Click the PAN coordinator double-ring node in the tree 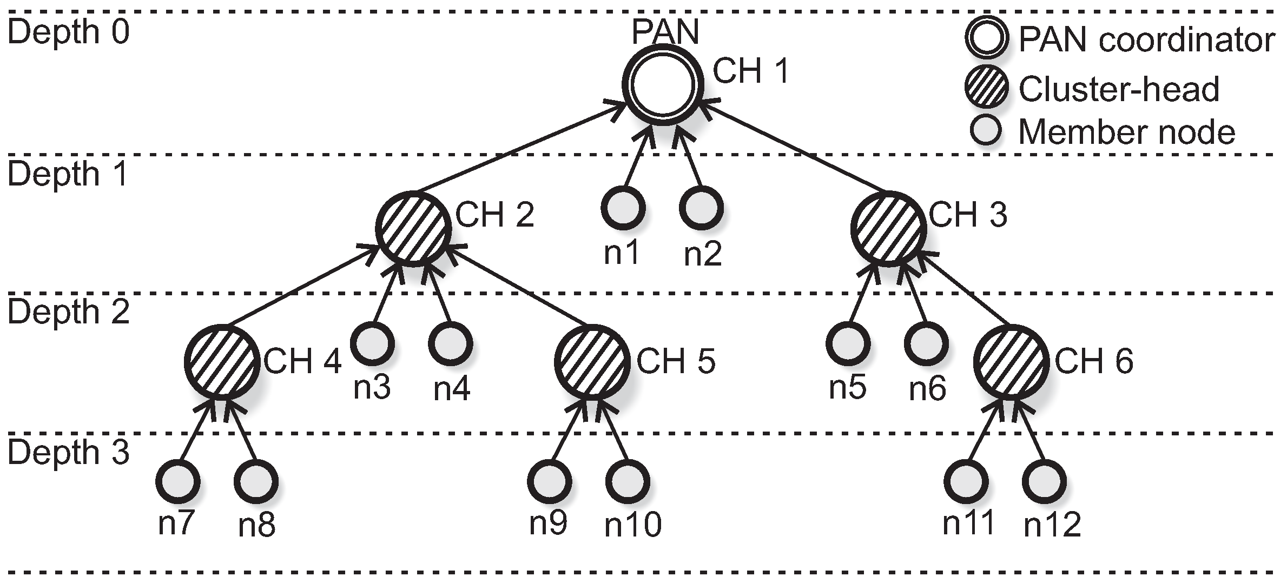[662, 86]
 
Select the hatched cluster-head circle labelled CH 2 [414, 229]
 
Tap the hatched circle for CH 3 [888, 229]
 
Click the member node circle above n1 [623, 208]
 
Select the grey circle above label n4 [450, 343]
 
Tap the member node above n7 [177, 481]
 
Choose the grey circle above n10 [627, 481]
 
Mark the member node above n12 [1044, 481]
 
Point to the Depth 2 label [68, 313]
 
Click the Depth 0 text [68, 32]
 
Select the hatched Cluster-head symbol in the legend [986, 88]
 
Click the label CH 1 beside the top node [751, 71]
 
